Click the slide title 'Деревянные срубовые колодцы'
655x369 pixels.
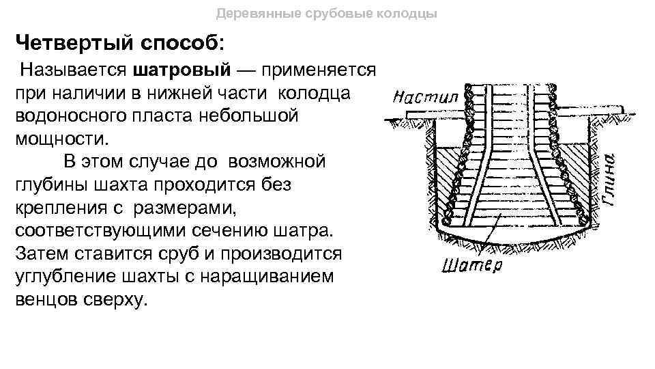[327, 14]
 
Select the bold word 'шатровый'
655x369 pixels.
[185, 70]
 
